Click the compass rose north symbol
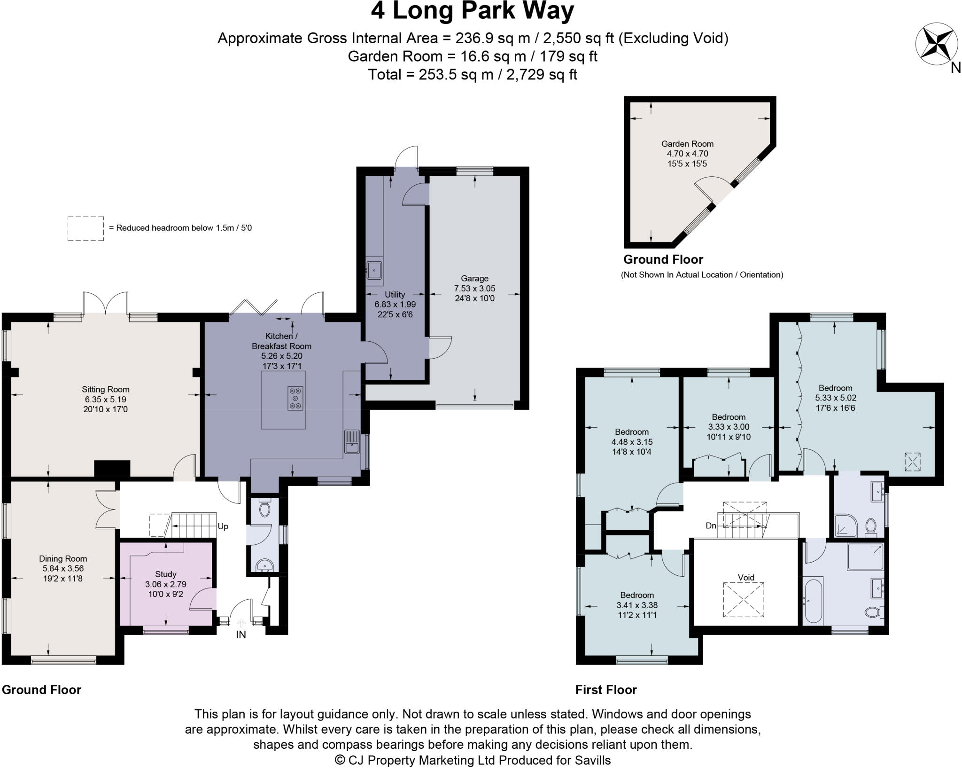pyautogui.click(x=930, y=45)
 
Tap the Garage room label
pyautogui.click(x=474, y=278)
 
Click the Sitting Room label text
pyautogui.click(x=105, y=389)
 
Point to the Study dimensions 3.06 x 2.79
pyautogui.click(x=165, y=584)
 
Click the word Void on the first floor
pyautogui.click(x=746, y=578)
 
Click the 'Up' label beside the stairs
pyautogui.click(x=223, y=526)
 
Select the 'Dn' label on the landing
pyautogui.click(x=711, y=526)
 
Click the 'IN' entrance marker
pyautogui.click(x=240, y=635)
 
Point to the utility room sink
pyautogui.click(x=374, y=271)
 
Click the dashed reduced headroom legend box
pyautogui.click(x=85, y=228)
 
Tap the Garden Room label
pyautogui.click(x=687, y=144)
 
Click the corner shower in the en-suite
pyautogui.click(x=846, y=526)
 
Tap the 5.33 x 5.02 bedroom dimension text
pyautogui.click(x=835, y=398)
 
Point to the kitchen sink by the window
pyautogui.click(x=352, y=441)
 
